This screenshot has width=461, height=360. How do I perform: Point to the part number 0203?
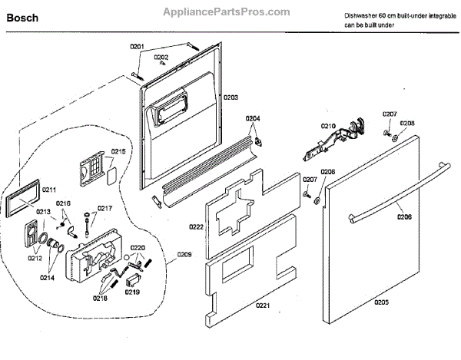point(231,97)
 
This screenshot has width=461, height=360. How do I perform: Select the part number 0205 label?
point(381,302)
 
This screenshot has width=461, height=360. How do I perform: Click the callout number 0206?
point(404,217)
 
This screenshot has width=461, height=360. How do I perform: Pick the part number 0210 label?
point(329,125)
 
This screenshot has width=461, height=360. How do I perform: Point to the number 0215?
point(118,151)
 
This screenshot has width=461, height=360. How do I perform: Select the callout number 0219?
point(133,292)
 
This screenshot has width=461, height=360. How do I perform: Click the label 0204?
point(253,118)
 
